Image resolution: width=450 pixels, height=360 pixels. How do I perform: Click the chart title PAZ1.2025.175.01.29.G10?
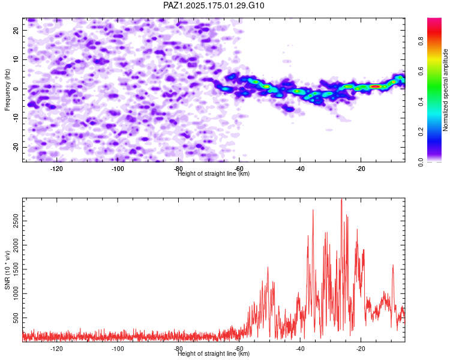click(x=214, y=5)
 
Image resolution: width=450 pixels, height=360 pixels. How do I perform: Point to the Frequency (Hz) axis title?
click(x=7, y=90)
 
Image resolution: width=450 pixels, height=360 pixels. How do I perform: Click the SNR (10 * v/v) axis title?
click(x=7, y=270)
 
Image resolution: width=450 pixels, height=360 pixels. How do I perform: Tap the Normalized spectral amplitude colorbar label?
click(x=445, y=90)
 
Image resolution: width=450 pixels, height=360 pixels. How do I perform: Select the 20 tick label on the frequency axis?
click(x=16, y=30)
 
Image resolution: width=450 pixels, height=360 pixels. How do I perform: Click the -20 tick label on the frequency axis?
click(x=16, y=147)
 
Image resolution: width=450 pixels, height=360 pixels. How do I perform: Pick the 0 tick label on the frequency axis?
click(x=16, y=89)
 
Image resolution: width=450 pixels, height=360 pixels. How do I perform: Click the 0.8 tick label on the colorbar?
click(x=421, y=41)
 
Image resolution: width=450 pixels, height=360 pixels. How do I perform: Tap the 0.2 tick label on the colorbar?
click(x=421, y=131)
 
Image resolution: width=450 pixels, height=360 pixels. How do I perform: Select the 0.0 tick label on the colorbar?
click(x=421, y=162)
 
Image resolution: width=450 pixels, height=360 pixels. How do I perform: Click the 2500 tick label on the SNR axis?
click(x=16, y=221)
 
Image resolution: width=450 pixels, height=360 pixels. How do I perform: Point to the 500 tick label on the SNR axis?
click(x=16, y=318)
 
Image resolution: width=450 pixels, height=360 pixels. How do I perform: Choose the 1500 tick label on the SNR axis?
click(x=16, y=269)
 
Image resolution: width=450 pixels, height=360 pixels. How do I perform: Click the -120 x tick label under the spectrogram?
click(x=56, y=169)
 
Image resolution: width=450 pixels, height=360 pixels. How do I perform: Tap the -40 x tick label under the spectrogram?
click(x=300, y=169)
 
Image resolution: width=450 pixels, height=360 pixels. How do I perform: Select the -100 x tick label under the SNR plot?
click(x=118, y=349)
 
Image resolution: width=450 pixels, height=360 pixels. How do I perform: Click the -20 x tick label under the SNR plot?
click(x=361, y=349)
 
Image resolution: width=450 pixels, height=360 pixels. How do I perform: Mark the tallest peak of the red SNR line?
click(x=341, y=199)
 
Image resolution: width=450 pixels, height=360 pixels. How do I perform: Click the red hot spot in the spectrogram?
click(x=376, y=86)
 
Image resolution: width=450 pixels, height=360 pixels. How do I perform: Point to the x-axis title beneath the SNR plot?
click(x=214, y=353)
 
